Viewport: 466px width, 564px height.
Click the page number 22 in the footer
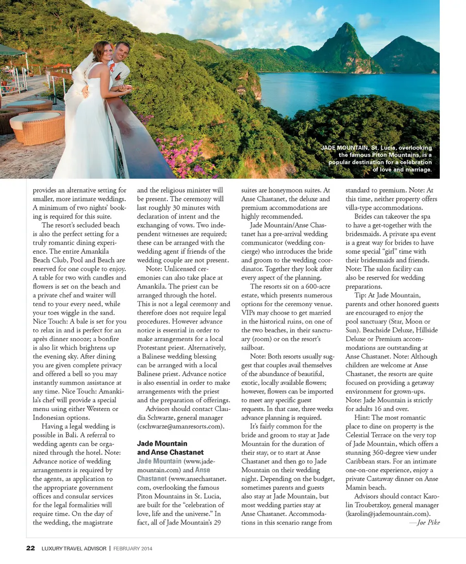point(30,548)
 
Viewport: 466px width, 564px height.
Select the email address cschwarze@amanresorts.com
point(181,426)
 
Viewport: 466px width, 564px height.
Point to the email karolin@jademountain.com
point(388,514)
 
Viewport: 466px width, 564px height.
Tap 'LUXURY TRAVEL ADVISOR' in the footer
point(73,548)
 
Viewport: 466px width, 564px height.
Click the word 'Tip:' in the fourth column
point(361,295)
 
